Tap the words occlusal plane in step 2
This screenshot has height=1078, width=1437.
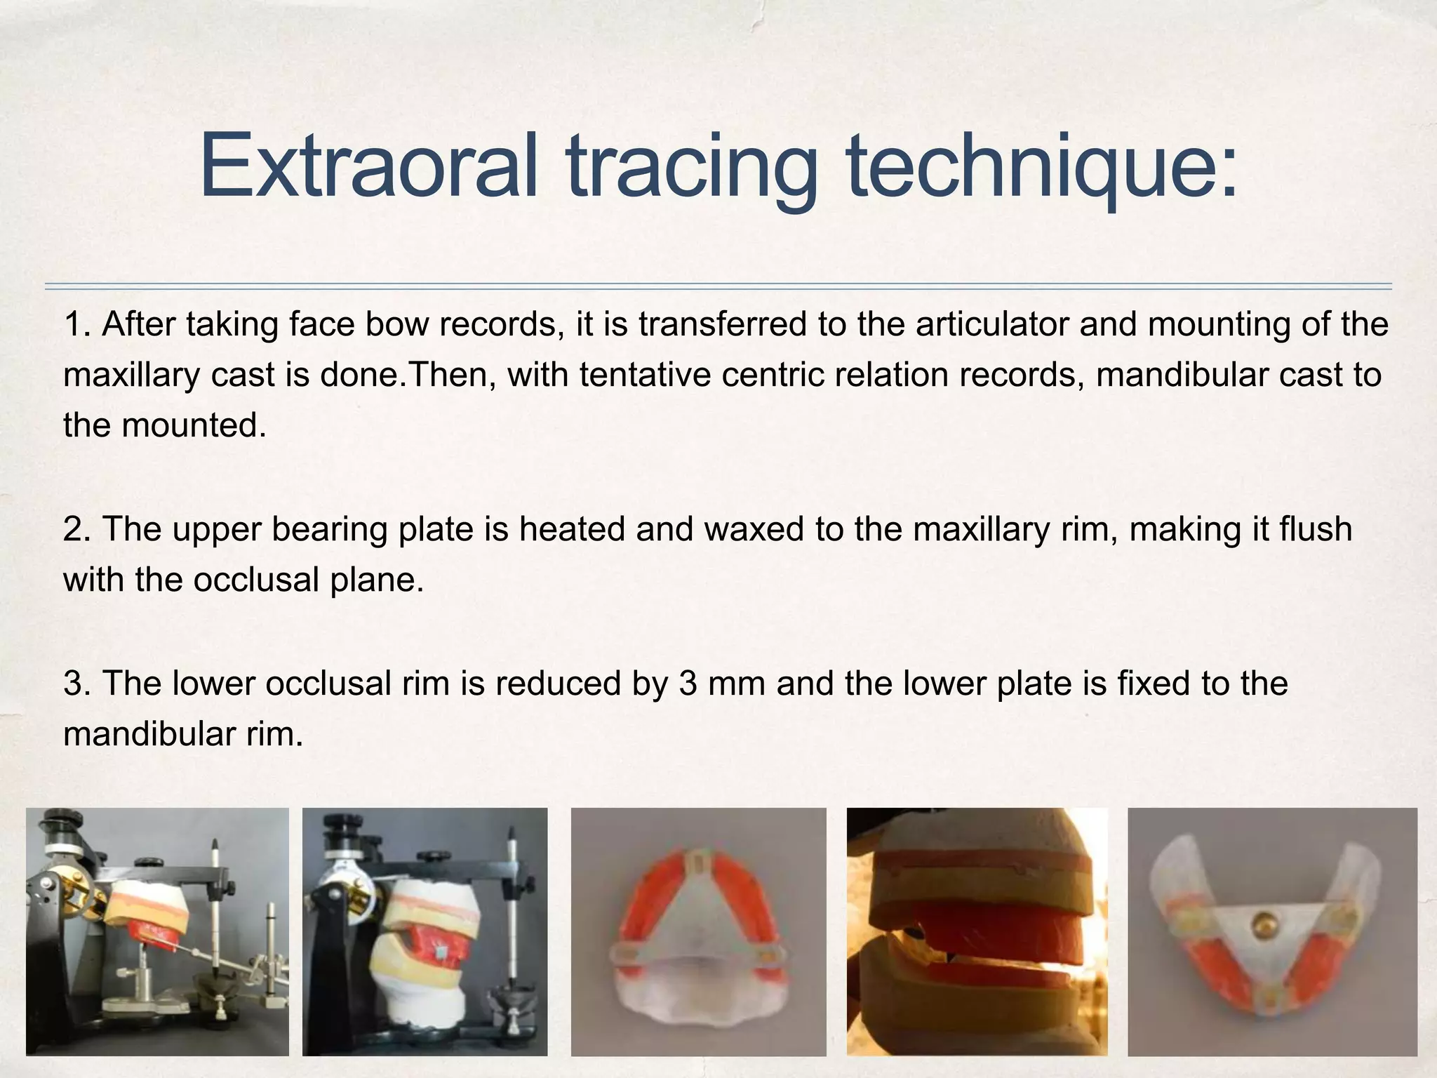[x=309, y=580]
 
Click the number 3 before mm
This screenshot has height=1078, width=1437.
[x=687, y=684]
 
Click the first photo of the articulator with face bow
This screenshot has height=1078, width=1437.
[x=157, y=931]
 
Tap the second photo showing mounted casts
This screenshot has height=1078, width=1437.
[x=425, y=931]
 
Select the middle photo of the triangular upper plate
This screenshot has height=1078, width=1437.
[x=698, y=931]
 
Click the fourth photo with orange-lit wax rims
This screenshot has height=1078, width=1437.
[x=977, y=931]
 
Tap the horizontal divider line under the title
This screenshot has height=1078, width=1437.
[x=718, y=286]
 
